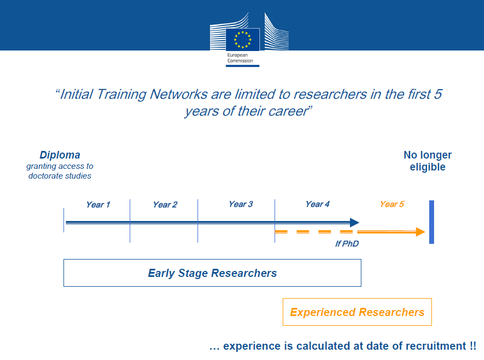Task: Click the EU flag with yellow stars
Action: tap(243, 39)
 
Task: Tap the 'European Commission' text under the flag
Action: tap(240, 58)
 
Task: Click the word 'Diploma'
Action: tap(60, 155)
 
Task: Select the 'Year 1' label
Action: tap(98, 205)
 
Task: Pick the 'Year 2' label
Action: tap(165, 205)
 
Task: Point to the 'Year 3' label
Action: tap(241, 204)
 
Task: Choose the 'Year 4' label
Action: tap(317, 204)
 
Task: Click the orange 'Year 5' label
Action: tap(392, 204)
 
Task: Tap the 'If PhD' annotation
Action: tap(347, 244)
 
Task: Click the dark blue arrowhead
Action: tap(355, 223)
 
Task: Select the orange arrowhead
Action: tap(421, 232)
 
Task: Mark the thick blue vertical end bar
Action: tap(431, 222)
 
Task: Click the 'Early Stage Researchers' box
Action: tap(212, 260)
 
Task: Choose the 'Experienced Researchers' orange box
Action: tap(357, 299)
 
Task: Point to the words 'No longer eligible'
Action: tap(428, 161)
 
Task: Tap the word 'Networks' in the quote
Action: tap(179, 94)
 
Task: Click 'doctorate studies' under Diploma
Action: tap(60, 176)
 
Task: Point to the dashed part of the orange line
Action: tap(314, 232)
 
